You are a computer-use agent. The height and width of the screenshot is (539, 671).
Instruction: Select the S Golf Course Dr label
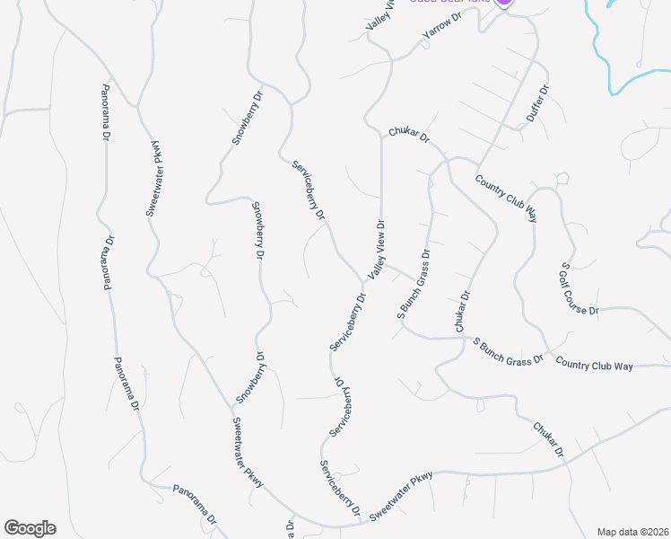coord(579,289)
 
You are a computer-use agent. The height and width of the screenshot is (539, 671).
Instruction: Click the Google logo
coord(30,528)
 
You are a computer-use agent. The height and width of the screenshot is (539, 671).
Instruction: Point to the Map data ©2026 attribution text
coord(631,531)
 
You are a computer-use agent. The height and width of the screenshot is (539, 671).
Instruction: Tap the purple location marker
coord(505,4)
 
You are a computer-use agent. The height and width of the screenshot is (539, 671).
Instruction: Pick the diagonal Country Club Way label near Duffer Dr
coord(507,198)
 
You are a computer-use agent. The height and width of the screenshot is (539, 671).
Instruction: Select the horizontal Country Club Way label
coord(595,365)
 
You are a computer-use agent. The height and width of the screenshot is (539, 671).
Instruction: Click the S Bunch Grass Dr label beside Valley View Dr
coord(414,285)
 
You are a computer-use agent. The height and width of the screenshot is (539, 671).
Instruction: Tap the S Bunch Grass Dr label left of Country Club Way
coord(509,350)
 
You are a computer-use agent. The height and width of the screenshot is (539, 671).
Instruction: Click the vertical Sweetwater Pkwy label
coord(154,178)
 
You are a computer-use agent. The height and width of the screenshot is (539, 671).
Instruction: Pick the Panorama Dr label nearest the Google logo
coord(196,505)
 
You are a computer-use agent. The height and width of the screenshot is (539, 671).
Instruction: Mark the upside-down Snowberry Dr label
coord(254,375)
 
